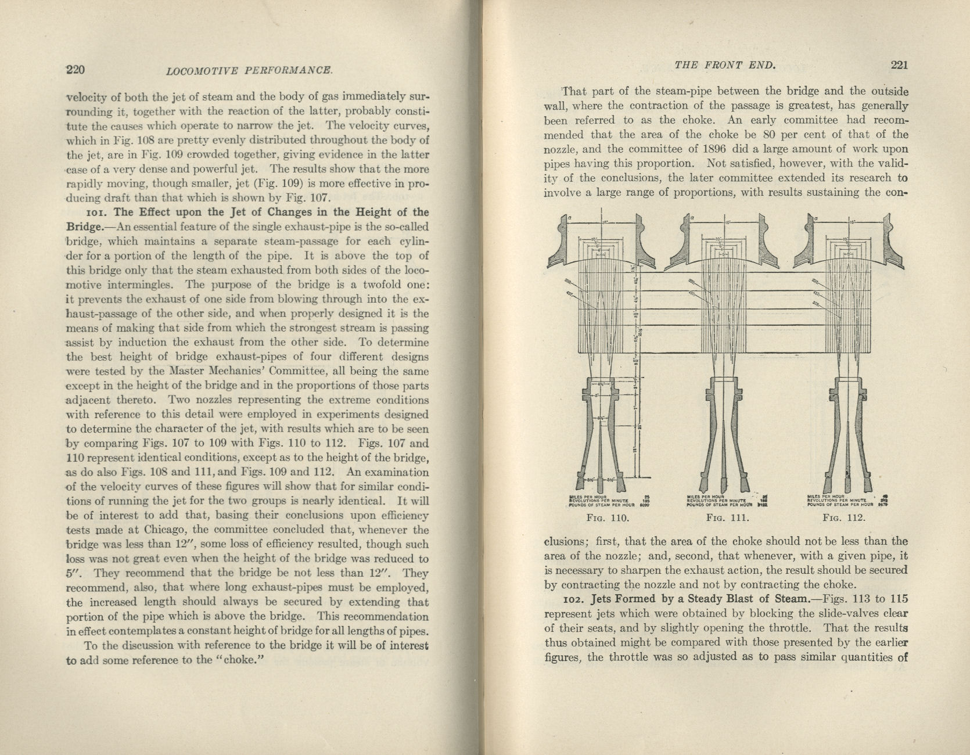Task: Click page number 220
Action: point(76,70)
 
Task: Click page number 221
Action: point(898,65)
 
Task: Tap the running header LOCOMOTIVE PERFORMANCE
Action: point(249,71)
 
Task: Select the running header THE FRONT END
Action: point(725,66)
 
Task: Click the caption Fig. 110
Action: point(608,518)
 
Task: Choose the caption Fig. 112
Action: point(846,518)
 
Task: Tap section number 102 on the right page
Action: point(573,599)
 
